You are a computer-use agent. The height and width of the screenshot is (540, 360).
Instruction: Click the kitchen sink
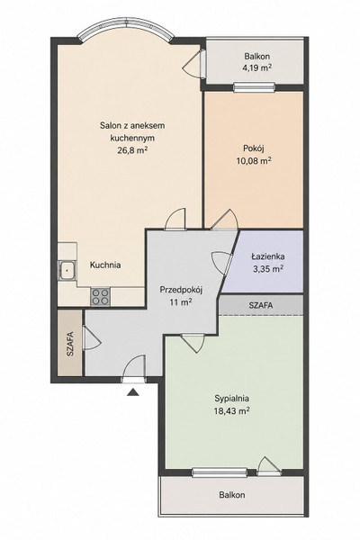(x=67, y=270)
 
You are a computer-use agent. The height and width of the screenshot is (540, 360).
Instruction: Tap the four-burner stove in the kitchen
(x=100, y=297)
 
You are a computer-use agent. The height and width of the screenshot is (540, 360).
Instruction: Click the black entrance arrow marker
(x=133, y=392)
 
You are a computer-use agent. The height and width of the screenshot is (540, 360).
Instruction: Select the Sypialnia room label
(x=231, y=399)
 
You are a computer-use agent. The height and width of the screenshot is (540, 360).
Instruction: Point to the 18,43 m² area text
(x=231, y=411)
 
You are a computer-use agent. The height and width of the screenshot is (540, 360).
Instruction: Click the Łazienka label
(x=267, y=256)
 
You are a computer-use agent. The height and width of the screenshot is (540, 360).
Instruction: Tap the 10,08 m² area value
(x=253, y=160)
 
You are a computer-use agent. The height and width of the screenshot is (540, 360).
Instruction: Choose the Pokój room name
(x=254, y=148)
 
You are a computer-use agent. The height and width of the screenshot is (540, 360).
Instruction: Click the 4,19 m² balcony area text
(x=257, y=67)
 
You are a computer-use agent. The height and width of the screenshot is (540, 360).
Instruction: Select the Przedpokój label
(x=181, y=290)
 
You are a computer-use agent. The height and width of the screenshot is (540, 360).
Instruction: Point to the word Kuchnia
(x=105, y=265)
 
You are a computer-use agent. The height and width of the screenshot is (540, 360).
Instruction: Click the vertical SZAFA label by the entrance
(x=70, y=344)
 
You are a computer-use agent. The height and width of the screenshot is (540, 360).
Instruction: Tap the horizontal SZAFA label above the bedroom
(x=261, y=305)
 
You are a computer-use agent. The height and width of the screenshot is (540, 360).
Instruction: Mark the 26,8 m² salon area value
(x=132, y=150)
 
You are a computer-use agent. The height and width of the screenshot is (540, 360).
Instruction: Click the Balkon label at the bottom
(x=232, y=495)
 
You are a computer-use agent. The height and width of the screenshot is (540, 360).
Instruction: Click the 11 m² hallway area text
(x=181, y=302)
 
